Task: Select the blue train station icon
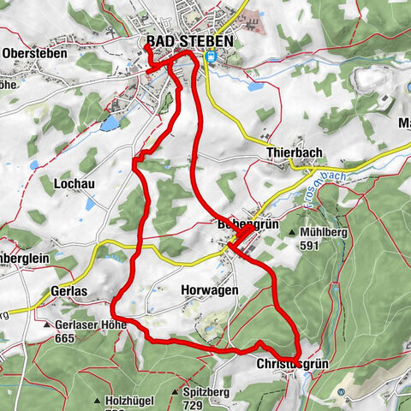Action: pos(211,57)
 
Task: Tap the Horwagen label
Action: pos(205,291)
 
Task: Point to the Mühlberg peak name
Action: pos(325,232)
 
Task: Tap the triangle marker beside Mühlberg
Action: pos(294,233)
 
